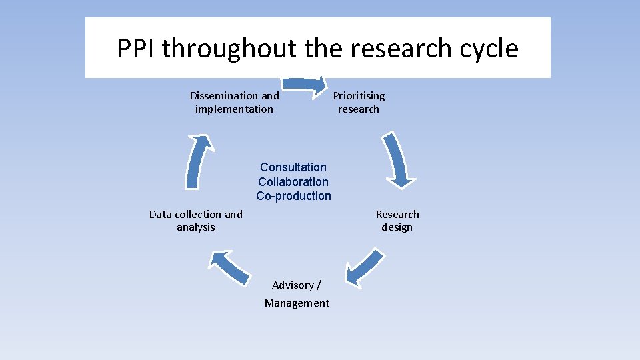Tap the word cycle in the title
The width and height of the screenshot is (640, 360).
tap(489, 49)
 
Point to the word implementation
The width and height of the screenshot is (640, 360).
tap(234, 109)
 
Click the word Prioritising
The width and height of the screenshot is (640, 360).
tap(359, 96)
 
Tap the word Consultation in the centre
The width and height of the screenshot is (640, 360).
tap(293, 167)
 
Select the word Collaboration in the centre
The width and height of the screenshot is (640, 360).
tap(293, 182)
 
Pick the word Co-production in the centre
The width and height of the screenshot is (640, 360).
tap(293, 196)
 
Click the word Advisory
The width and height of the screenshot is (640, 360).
tap(293, 285)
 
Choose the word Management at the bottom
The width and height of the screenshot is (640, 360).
tap(297, 303)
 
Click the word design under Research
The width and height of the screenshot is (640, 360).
tap(397, 227)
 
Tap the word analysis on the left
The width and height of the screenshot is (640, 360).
tap(196, 227)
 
